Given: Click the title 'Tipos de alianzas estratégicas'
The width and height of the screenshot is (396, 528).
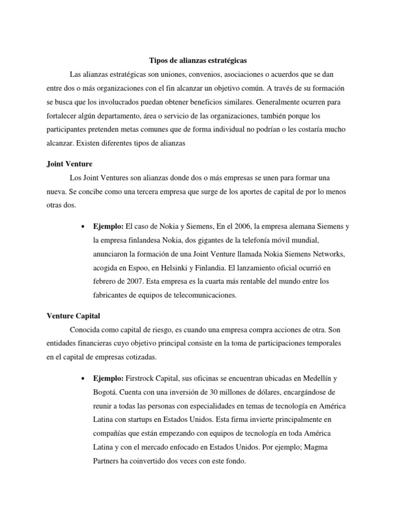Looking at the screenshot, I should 197,60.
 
